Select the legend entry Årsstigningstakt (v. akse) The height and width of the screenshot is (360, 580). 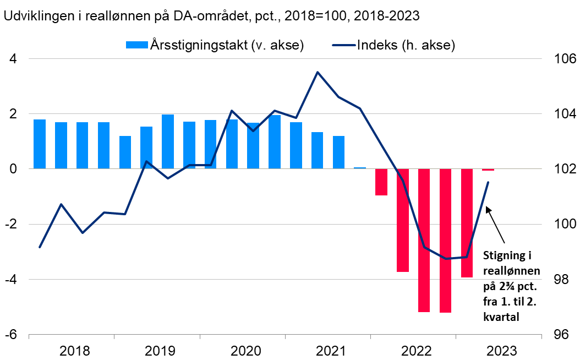(215, 45)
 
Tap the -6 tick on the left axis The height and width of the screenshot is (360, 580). (10, 335)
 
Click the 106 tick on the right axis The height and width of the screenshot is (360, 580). (559, 59)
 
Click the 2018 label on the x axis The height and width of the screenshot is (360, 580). (75, 351)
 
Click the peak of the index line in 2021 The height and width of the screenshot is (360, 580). (318, 72)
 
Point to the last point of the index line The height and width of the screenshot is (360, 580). (488, 182)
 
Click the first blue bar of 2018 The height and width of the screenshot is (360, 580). (40, 144)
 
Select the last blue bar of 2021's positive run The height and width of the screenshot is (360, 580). (338, 152)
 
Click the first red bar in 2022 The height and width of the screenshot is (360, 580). (381, 182)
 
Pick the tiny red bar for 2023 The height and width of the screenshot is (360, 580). (488, 170)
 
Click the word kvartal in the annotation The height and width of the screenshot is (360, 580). (501, 317)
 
